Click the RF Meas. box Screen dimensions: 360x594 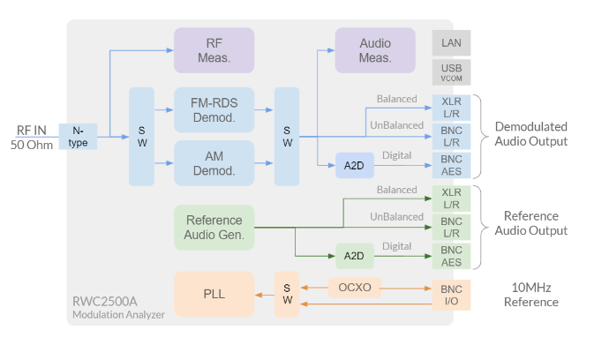click(214, 49)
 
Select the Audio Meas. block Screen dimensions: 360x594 click(375, 49)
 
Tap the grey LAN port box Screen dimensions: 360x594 click(451, 41)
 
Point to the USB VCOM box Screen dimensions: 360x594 click(451, 71)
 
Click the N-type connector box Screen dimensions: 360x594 click(78, 137)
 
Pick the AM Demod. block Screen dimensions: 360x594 click(214, 162)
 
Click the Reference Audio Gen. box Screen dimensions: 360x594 click(214, 227)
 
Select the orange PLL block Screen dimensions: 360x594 click(214, 294)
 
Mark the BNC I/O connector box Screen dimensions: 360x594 click(451, 295)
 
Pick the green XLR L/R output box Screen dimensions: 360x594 click(451, 198)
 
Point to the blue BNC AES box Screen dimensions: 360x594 click(451, 165)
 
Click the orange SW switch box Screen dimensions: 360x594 click(287, 294)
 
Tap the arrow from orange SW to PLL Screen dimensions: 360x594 click(262, 295)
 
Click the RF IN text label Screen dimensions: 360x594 click(32, 130)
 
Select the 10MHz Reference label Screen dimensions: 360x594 click(530, 295)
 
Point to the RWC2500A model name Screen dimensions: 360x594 click(105, 302)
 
